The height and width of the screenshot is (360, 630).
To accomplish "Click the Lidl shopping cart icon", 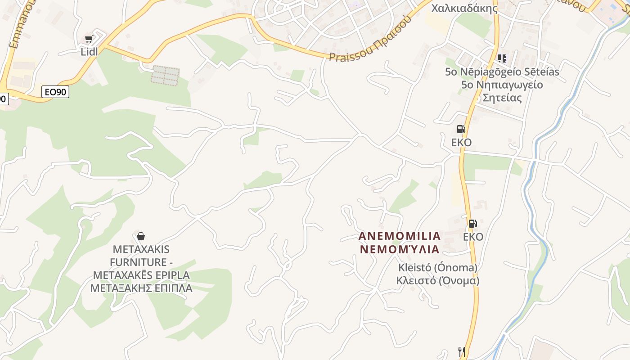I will point(89,39).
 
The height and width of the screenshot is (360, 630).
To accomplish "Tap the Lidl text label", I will point(89,52).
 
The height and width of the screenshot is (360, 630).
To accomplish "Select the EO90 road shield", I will point(56,92).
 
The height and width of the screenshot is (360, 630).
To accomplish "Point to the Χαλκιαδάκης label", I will point(464,8).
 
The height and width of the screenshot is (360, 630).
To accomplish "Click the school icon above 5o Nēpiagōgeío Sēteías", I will point(502,58).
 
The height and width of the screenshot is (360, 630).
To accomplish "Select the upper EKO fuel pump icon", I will point(461,129).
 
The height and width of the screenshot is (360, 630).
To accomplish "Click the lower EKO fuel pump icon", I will point(472,224).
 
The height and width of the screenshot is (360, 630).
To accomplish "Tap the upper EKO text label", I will point(461,143).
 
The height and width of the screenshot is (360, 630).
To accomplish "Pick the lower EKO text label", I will point(473,237).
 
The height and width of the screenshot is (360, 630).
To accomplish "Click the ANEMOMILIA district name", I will point(400,236).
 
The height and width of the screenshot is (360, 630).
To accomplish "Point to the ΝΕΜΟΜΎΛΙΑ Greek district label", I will point(400,249).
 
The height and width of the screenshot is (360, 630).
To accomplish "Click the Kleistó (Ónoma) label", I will point(437,268).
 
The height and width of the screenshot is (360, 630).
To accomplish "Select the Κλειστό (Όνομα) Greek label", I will point(437,281).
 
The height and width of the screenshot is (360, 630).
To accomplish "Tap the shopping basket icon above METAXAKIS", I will point(141,236).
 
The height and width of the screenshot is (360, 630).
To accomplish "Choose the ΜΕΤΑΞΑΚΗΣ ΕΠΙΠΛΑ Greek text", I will point(141,288).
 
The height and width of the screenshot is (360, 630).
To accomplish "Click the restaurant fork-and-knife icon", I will point(461,351).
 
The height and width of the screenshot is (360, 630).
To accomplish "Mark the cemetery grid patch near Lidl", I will point(165,76).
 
